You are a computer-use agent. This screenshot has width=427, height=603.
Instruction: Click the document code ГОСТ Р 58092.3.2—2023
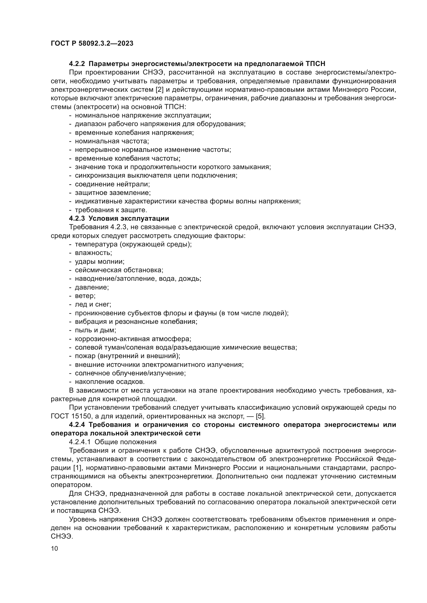coord(92,43)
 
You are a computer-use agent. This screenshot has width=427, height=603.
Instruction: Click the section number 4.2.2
coord(77,64)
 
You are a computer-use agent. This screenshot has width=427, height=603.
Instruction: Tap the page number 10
coord(54,548)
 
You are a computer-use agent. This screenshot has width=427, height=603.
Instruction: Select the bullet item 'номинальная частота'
coord(112,141)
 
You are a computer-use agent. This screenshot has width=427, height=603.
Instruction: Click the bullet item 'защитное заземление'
coord(113,193)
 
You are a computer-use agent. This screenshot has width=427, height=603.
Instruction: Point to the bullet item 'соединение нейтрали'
coord(112,184)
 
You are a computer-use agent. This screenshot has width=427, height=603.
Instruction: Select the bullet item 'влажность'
coord(93,253)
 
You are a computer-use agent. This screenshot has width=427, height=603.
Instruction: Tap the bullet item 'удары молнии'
coord(99,262)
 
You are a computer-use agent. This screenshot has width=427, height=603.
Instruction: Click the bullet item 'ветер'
coord(85,296)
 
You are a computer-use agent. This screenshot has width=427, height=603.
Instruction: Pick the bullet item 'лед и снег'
coord(93,304)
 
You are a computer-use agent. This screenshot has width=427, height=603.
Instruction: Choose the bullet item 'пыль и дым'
coord(95,330)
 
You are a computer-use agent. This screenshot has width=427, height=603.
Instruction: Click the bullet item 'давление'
coord(92,287)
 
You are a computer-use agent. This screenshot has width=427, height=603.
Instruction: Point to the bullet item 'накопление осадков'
coord(110,382)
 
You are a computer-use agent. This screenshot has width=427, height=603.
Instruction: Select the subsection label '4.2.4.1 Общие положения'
coord(113,442)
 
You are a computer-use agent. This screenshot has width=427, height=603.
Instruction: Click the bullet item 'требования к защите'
coord(111,210)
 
